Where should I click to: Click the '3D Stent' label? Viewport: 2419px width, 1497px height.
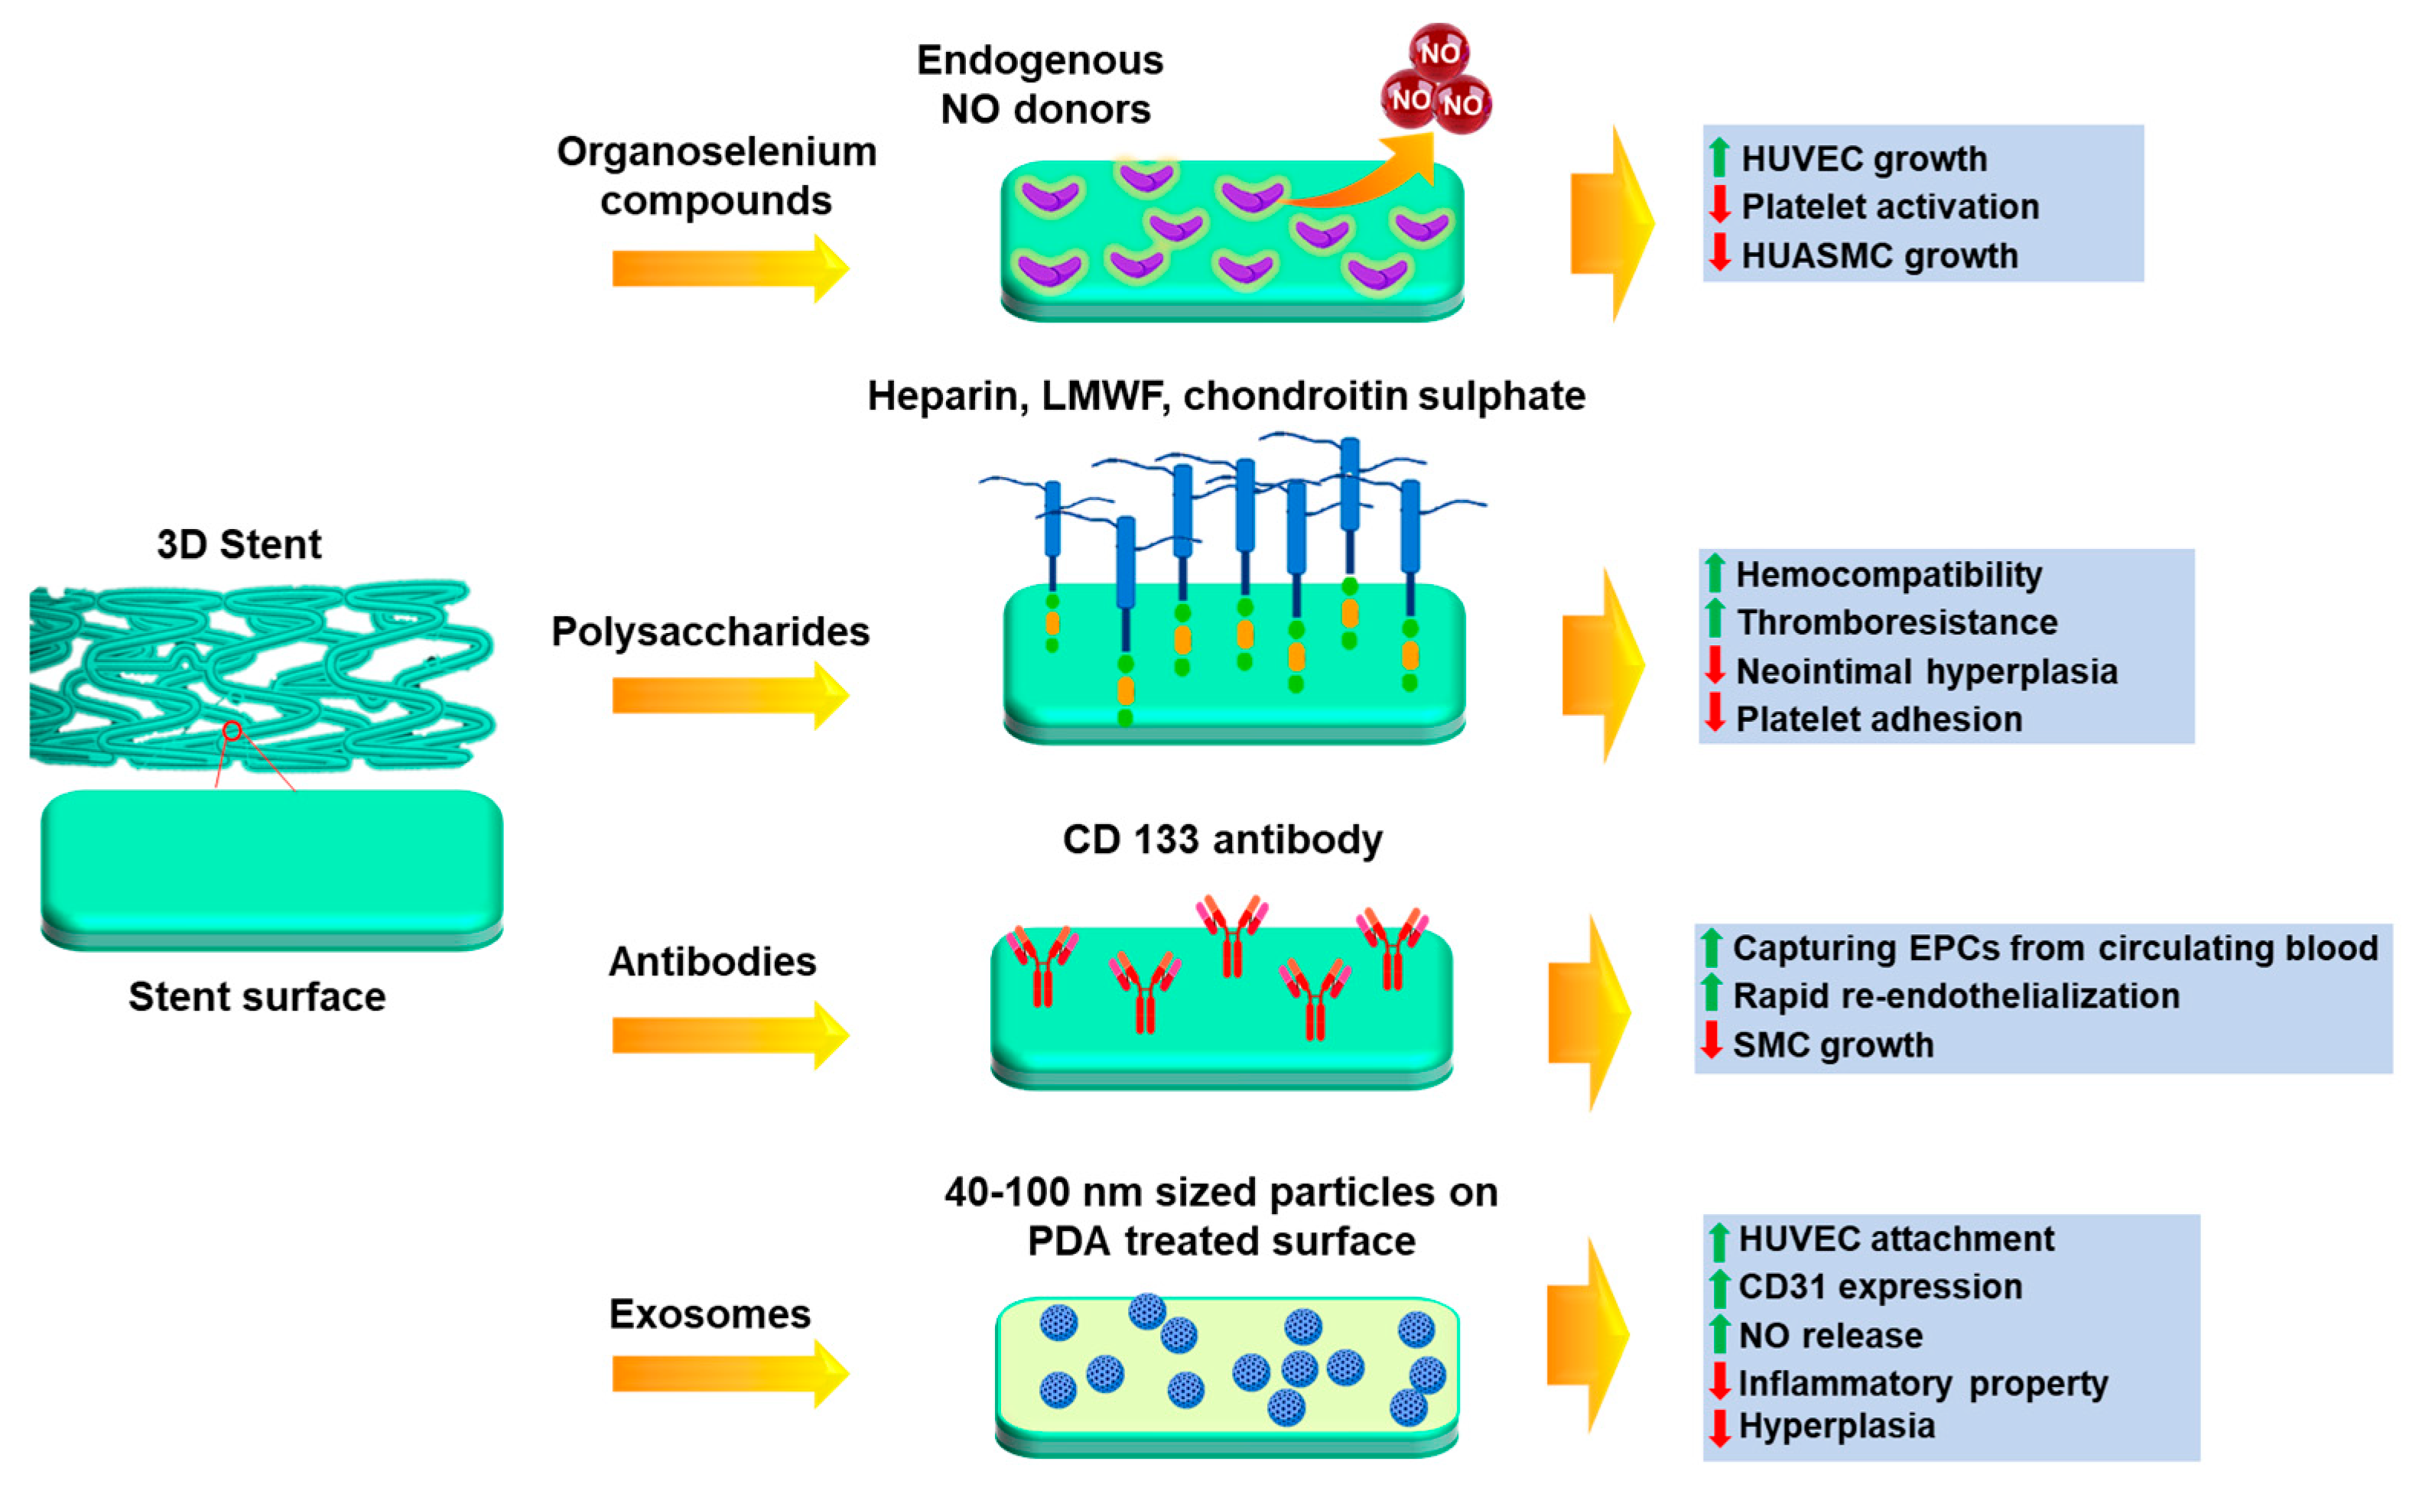point(239,544)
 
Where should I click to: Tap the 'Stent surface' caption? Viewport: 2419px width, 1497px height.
point(256,997)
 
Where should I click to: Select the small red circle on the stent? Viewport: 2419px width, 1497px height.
point(232,731)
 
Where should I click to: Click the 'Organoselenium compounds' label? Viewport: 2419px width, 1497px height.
point(716,177)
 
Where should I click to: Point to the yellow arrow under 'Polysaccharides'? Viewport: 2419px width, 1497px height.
point(729,695)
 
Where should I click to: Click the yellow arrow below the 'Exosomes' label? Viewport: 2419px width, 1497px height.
point(729,1373)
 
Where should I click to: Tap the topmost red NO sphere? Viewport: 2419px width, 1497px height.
point(1439,51)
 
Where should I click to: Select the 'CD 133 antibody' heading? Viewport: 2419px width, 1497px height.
point(1222,839)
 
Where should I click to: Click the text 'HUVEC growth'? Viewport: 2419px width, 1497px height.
point(1864,158)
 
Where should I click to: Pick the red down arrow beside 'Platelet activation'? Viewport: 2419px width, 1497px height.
point(1720,204)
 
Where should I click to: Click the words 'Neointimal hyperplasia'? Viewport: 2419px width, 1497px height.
point(1926,671)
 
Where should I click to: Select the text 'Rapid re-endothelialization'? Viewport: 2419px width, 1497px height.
point(1956,996)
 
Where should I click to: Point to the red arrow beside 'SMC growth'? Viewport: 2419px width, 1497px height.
point(1711,1041)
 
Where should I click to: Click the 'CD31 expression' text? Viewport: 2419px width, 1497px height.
point(1879,1286)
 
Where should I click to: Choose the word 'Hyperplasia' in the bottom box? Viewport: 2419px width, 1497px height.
point(1835,1426)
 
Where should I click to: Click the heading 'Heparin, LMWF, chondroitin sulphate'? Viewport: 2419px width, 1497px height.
point(1226,396)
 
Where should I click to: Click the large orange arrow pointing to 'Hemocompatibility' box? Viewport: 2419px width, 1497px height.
point(1602,665)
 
